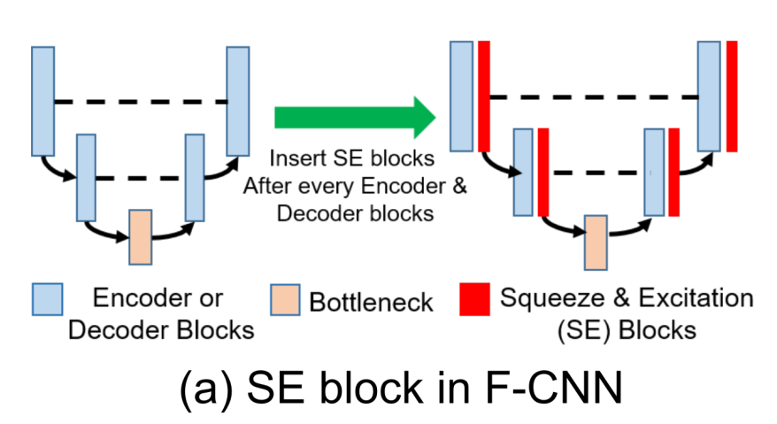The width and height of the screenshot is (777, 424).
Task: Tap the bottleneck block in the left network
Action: (141, 236)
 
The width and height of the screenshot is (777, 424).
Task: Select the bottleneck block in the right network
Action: (596, 241)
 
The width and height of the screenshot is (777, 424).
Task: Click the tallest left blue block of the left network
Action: (42, 101)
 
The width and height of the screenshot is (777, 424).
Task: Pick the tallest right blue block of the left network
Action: (237, 101)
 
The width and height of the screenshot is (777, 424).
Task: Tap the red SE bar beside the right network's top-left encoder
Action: (484, 96)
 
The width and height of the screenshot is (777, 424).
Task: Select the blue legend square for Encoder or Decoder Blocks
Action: (46, 299)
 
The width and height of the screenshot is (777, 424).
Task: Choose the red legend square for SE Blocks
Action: (474, 299)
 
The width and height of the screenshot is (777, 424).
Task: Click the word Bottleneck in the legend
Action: (371, 302)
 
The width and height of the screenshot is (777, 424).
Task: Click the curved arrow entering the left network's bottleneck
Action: (104, 231)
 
